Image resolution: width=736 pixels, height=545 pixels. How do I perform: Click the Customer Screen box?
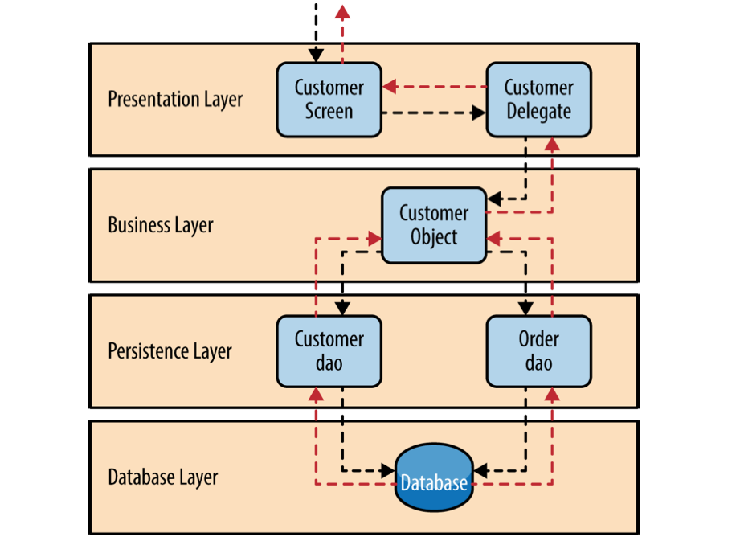tap(329, 100)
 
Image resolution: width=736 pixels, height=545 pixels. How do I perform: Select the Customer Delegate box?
tap(539, 100)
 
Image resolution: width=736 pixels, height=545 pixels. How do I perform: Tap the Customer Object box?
tap(434, 225)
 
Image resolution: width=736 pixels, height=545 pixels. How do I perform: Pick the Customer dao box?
tap(329, 351)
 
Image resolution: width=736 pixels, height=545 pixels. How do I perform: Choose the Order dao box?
tap(539, 351)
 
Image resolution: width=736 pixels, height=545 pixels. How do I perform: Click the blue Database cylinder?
tap(434, 477)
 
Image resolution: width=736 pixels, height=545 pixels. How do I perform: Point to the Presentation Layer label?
tap(175, 100)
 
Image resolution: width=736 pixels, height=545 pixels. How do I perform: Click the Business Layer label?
tap(161, 225)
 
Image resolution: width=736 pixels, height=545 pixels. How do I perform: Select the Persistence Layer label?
tap(170, 351)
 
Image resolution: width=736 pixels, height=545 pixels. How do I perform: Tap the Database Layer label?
tap(163, 477)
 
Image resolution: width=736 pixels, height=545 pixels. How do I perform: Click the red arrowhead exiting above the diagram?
tap(342, 12)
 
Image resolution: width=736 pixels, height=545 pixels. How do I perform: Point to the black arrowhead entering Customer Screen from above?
tap(316, 55)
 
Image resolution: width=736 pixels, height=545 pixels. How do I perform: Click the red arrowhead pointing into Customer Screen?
tap(390, 86)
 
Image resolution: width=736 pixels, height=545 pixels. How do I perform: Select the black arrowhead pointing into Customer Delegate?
tap(478, 113)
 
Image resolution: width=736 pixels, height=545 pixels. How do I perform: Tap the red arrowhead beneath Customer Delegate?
tap(552, 145)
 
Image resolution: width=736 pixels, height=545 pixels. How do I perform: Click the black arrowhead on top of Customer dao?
tap(342, 308)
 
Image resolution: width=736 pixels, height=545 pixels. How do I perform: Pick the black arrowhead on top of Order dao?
tap(525, 308)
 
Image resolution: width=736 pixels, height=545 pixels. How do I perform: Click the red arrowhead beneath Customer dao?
tap(316, 395)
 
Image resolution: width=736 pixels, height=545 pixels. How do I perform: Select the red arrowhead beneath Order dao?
tap(552, 395)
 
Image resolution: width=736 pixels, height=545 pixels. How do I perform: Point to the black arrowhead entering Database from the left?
tap(388, 470)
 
